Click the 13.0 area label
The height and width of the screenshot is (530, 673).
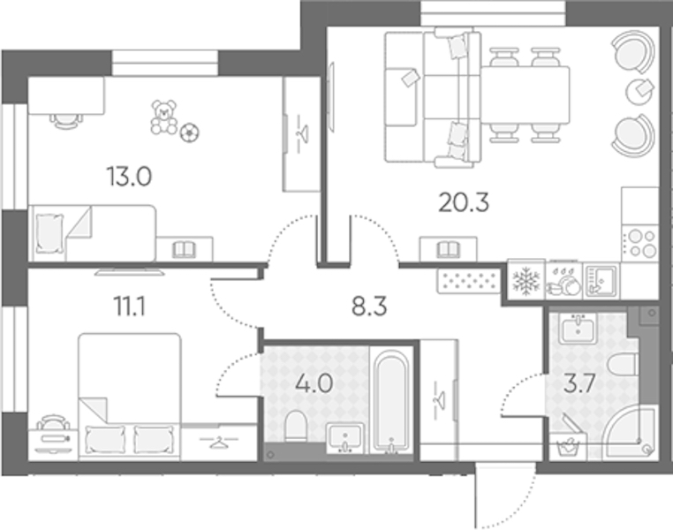point(129,177)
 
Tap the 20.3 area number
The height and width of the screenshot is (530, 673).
point(464,202)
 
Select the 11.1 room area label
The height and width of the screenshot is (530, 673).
point(129,307)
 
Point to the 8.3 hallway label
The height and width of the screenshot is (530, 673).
point(369,307)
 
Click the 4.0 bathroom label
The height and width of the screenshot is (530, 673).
point(314,383)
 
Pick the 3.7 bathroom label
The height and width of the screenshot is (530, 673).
point(579,383)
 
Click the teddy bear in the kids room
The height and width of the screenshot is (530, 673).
point(163,117)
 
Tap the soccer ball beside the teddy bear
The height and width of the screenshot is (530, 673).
point(189,132)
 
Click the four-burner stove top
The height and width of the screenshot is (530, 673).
point(640,243)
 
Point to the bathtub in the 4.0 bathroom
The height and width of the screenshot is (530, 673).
point(390,402)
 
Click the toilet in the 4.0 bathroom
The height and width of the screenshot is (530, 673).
point(295,426)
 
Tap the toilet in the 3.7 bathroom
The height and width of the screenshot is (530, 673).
point(622,369)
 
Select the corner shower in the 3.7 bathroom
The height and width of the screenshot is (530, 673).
point(630,432)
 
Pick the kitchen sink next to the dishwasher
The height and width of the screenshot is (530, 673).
point(601,280)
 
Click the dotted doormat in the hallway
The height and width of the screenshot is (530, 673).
point(469,281)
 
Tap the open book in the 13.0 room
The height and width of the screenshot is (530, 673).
point(184,250)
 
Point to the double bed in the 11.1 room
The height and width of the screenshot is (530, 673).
point(130,397)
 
